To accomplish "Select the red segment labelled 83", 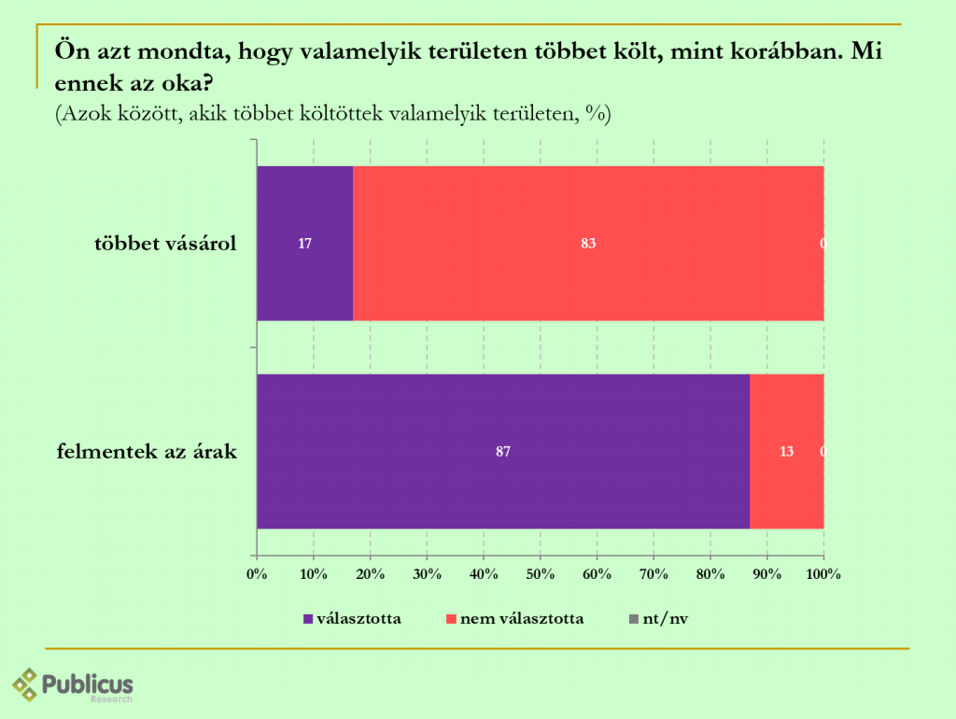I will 588,271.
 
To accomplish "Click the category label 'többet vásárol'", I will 165,245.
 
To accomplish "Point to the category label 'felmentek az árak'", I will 147,453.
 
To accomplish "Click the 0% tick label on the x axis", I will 257,574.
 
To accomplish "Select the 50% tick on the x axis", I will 540,574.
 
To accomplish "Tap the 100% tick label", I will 823,574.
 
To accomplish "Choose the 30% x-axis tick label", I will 427,574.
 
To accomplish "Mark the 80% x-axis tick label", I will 710,574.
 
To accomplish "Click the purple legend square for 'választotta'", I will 308,618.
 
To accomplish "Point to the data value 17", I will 304,244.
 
